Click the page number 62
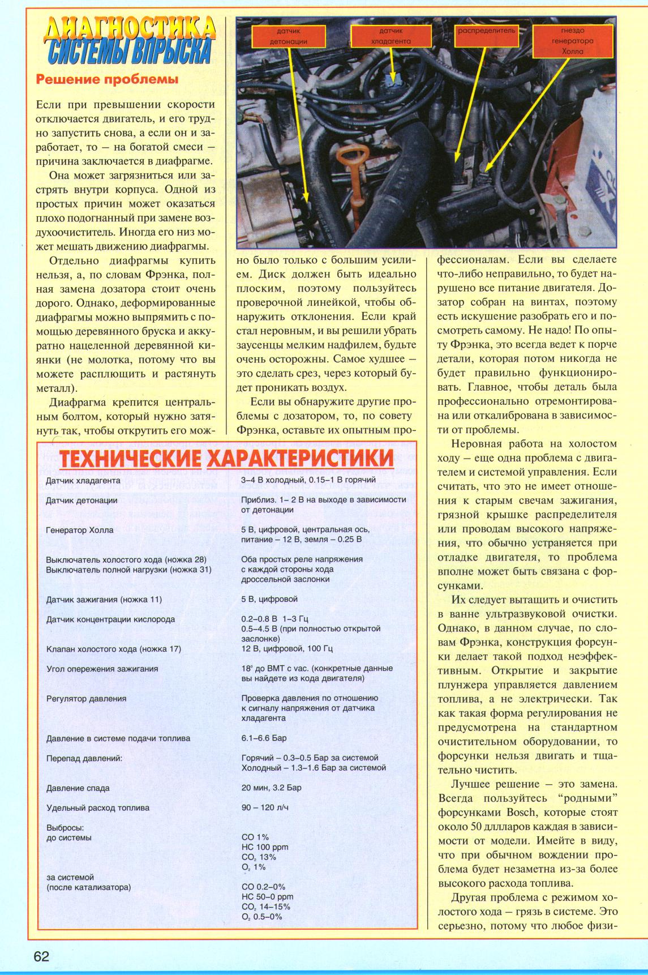coord(42,956)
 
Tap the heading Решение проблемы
coord(107,80)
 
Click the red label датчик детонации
coord(289,36)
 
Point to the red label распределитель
coord(486,31)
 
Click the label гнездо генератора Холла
coord(573,41)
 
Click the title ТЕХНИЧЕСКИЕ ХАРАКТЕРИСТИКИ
coord(226,458)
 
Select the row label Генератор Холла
coord(80,530)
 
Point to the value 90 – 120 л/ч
coord(265,807)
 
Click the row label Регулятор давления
coord(86,699)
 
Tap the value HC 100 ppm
coord(264,847)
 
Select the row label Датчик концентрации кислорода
coord(110,619)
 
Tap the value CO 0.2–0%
coord(263,887)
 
